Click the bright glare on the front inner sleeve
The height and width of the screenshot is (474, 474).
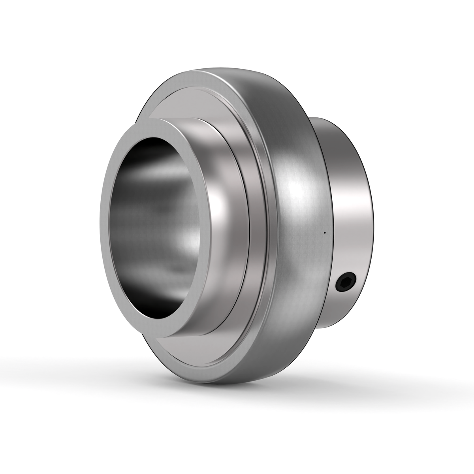[221, 205]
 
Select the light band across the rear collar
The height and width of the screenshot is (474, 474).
[352, 205]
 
